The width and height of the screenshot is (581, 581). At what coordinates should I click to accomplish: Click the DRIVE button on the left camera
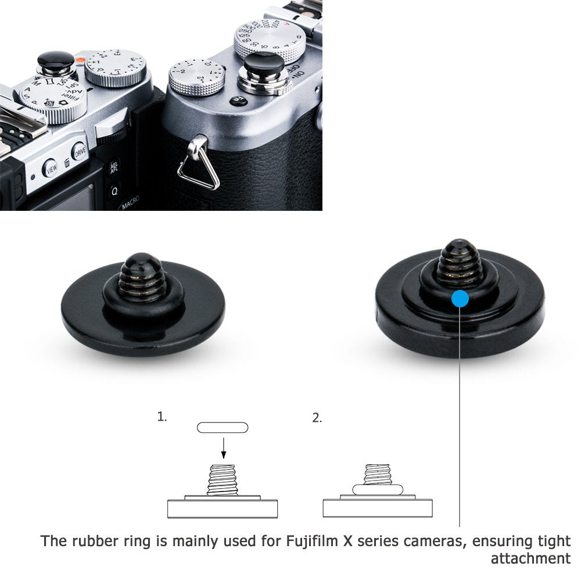[x=80, y=152]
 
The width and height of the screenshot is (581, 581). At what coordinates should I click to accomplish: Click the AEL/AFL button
[x=114, y=168]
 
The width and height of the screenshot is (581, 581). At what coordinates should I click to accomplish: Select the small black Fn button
[x=239, y=101]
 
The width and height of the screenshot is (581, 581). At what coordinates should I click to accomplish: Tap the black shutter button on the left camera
[x=56, y=60]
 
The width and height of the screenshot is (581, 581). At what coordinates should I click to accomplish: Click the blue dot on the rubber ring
[x=460, y=299]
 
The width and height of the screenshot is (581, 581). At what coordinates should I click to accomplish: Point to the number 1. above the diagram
[x=162, y=417]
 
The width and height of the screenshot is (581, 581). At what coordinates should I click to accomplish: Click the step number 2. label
[x=317, y=418]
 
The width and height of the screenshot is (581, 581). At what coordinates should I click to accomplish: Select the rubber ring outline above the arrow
[x=223, y=428]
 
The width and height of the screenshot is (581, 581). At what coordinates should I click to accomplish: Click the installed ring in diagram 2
[x=378, y=490]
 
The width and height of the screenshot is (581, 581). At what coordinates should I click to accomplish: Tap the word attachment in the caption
[x=530, y=559]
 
